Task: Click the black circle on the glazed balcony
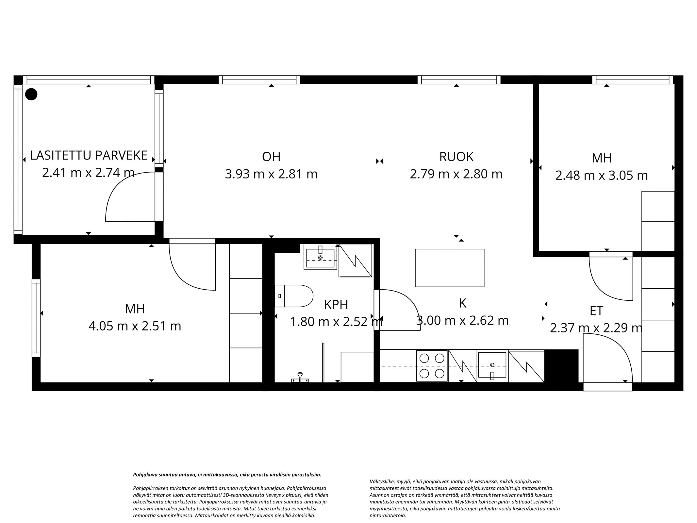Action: tap(31, 94)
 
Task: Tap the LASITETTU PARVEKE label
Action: tap(89, 156)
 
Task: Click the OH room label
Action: tap(271, 157)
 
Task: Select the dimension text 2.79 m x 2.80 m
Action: tap(456, 174)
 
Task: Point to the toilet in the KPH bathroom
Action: tap(294, 296)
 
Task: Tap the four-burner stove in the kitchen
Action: tap(432, 366)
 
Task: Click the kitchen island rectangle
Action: tap(449, 268)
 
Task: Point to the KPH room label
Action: tap(336, 305)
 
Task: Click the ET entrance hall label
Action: tap(596, 311)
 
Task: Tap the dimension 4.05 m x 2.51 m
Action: tap(135, 326)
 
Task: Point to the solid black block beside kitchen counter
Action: tap(561, 366)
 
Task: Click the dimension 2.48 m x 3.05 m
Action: tap(602, 176)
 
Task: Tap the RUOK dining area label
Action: tap(456, 157)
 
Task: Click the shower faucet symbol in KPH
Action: tap(300, 378)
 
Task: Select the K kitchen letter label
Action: tap(462, 303)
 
